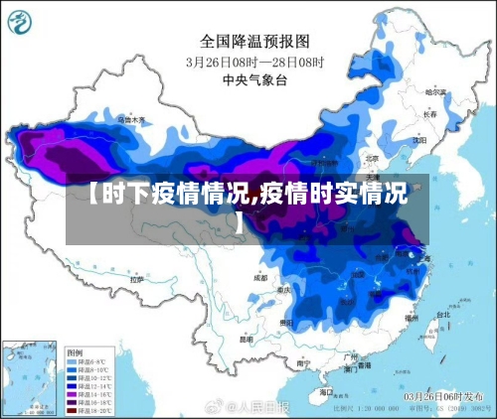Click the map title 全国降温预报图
(x=255, y=41)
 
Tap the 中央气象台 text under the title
(x=248, y=78)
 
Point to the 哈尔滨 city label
(x=435, y=91)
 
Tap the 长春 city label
(x=429, y=114)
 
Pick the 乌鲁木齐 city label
(x=131, y=119)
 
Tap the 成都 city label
(x=260, y=278)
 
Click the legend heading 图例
(x=75, y=351)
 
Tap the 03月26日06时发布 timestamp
(x=443, y=395)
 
